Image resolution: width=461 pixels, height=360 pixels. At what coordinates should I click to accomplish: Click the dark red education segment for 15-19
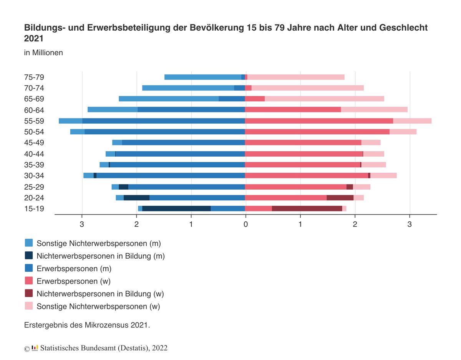tap(307, 208)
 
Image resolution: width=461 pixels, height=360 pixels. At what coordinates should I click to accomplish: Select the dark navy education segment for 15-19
tap(176, 208)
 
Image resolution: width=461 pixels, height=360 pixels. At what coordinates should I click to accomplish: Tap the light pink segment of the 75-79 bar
tap(295, 77)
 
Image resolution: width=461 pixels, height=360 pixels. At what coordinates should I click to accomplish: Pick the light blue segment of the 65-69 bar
tap(169, 99)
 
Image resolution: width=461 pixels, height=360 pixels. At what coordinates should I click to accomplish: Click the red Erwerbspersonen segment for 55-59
tap(319, 121)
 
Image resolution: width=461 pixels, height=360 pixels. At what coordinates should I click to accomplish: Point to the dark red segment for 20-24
tap(340, 198)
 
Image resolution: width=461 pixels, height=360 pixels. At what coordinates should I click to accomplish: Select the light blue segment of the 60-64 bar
tap(113, 110)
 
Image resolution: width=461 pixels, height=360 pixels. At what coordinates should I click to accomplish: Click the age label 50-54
tap(34, 132)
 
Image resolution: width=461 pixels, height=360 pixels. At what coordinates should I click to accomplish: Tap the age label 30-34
tap(34, 176)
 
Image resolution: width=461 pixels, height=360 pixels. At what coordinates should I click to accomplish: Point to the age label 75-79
tap(34, 77)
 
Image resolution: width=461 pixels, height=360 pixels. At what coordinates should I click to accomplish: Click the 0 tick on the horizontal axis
tap(245, 223)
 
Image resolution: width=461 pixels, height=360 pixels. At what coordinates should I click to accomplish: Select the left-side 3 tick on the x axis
tap(82, 223)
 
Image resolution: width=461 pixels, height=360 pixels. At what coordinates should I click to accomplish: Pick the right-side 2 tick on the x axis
tap(355, 223)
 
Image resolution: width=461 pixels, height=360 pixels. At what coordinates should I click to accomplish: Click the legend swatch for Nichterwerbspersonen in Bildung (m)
tap(29, 255)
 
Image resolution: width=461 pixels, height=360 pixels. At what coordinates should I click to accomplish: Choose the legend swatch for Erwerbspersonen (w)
tap(29, 281)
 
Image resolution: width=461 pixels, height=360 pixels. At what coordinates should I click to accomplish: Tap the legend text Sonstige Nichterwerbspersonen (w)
tap(98, 306)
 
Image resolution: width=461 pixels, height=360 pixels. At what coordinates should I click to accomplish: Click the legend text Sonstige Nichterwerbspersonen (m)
tap(98, 243)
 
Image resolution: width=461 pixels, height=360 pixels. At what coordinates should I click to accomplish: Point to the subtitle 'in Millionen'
tap(43, 53)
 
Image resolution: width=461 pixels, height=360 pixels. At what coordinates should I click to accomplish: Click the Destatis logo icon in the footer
tap(35, 348)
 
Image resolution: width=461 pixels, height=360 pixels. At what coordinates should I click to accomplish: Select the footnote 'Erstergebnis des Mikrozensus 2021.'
tap(87, 325)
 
